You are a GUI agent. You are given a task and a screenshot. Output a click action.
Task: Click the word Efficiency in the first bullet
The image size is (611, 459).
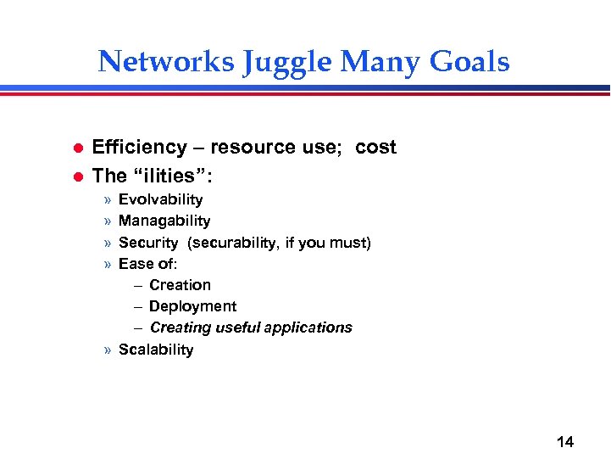[139, 148]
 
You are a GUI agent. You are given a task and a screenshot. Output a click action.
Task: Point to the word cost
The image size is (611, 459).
[375, 148]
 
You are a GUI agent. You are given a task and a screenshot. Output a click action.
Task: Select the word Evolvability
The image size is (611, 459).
[160, 199]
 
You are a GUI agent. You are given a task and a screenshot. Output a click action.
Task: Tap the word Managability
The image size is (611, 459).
[164, 221]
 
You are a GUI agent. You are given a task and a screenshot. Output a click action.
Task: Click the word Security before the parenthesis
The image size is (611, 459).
[148, 243]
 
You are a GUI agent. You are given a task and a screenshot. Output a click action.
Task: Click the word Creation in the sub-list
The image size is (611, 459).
[180, 285]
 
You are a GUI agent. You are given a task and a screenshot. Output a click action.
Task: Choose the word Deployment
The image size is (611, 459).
[192, 306]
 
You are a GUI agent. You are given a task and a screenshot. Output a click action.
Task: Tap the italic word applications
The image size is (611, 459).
[308, 327]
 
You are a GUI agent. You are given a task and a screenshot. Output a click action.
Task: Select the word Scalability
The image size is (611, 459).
[156, 350]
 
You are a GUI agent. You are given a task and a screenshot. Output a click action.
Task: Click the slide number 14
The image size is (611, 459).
[564, 441]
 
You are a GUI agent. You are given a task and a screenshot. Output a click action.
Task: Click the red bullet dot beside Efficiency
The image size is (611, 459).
[75, 148]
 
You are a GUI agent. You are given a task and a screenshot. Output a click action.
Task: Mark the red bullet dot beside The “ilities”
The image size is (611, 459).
[75, 176]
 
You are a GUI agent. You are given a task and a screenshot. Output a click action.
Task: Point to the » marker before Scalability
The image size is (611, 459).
[108, 350]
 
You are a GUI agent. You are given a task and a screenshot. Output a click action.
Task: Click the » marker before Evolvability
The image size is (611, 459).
[108, 200]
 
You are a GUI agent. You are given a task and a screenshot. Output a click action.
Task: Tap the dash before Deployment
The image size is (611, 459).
[139, 306]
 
